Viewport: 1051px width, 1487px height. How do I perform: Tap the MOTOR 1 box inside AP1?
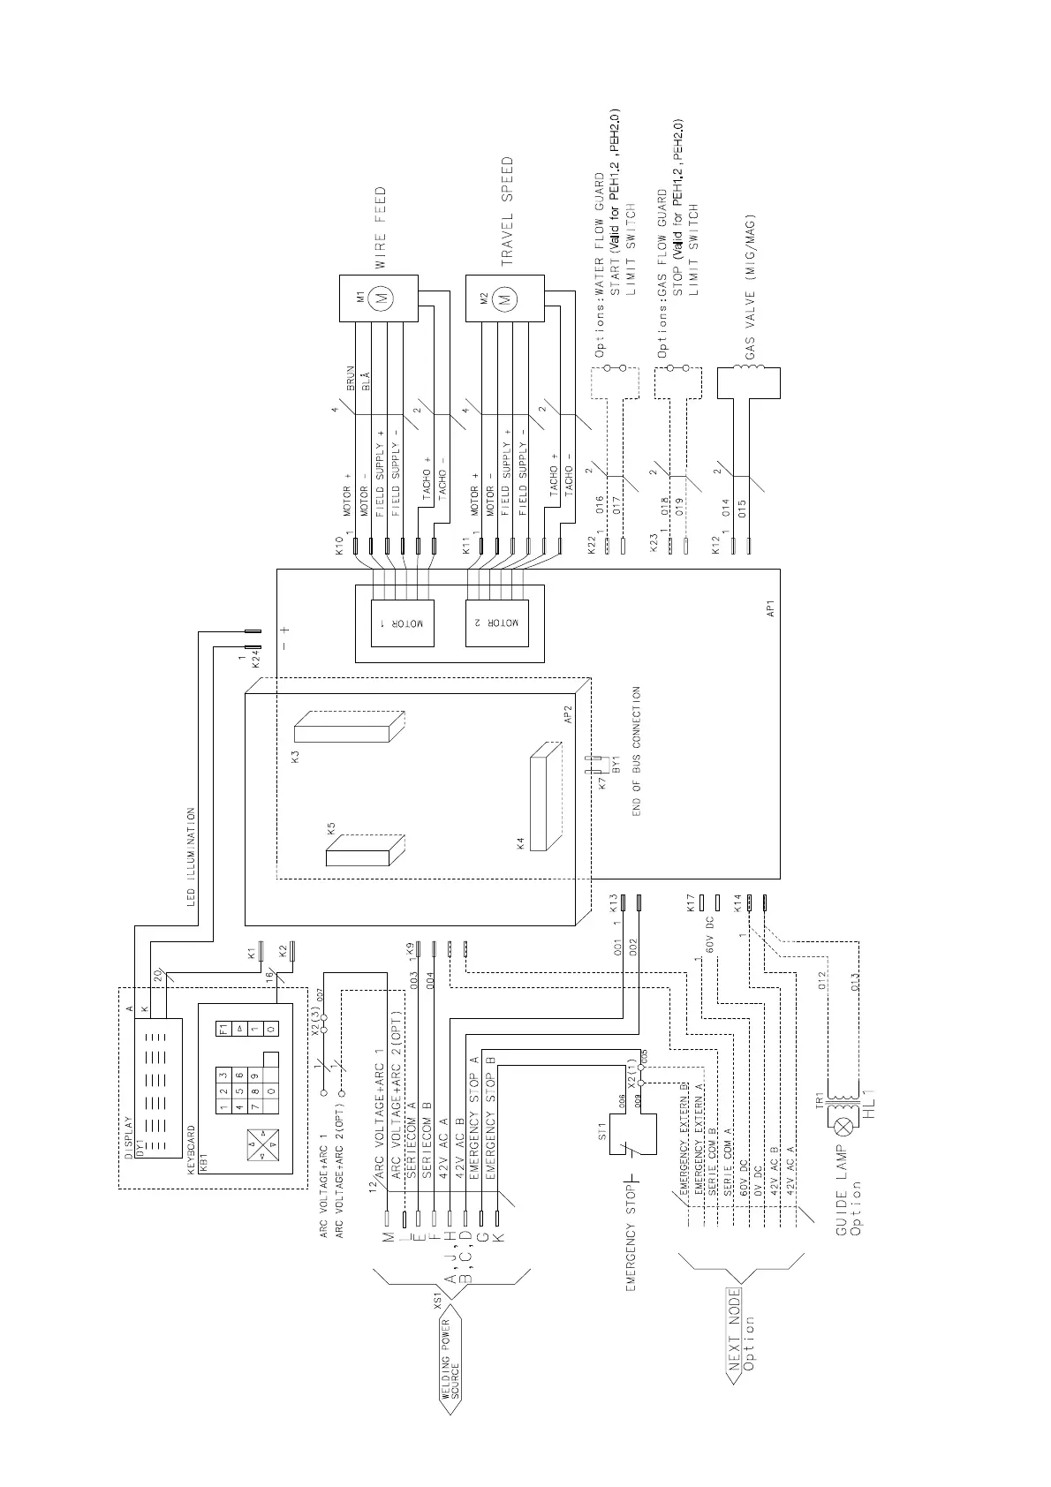point(403,615)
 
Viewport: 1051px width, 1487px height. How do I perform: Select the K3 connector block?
point(348,728)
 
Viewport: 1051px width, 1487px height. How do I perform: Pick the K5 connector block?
point(365,850)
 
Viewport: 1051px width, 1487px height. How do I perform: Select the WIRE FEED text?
point(381,228)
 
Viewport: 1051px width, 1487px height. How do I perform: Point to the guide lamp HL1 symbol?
point(841,1125)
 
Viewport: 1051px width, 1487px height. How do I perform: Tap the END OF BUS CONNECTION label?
point(636,751)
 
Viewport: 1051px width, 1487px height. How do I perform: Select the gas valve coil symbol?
point(749,383)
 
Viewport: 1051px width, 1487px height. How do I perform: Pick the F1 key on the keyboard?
point(223,1029)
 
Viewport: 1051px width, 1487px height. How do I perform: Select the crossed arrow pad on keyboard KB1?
point(263,1144)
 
